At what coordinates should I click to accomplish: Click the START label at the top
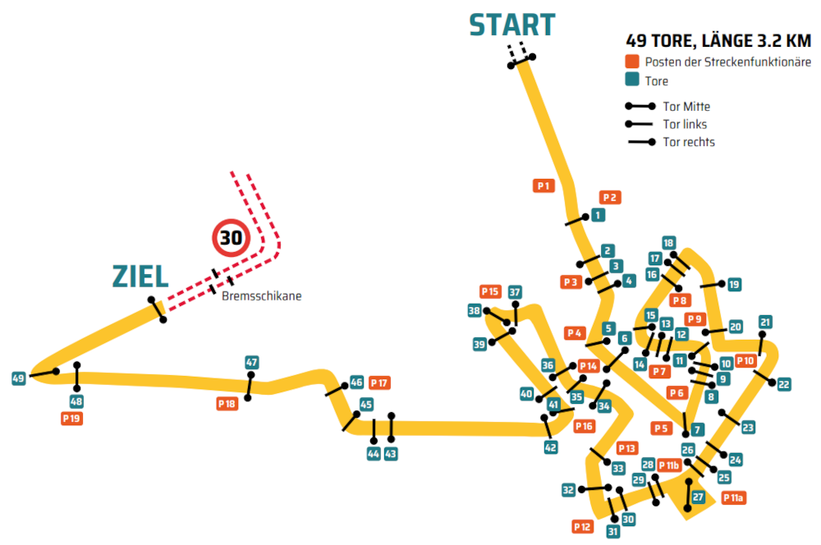[x=511, y=25]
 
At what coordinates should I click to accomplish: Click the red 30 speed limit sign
[x=232, y=239]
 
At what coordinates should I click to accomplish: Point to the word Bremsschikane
[x=261, y=296]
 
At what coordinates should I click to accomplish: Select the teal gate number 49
[x=19, y=378]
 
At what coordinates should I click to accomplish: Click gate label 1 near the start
[x=598, y=215]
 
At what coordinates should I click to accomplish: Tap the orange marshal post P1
[x=544, y=185]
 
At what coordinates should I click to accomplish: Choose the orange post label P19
[x=72, y=418]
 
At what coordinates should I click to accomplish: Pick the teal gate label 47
[x=252, y=362]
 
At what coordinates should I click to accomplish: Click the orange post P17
[x=379, y=382]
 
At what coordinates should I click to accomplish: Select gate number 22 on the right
[x=783, y=384]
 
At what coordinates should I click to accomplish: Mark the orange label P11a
[x=733, y=498]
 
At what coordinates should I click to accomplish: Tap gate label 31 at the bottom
[x=612, y=531]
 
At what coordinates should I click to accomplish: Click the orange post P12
[x=583, y=526]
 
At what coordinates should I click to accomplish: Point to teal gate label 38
[x=475, y=310]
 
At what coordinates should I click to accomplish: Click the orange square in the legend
[x=631, y=62]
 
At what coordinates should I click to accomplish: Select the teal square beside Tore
[x=631, y=80]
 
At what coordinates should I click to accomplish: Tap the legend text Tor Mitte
[x=686, y=107]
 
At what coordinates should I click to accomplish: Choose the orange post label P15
[x=490, y=291]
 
